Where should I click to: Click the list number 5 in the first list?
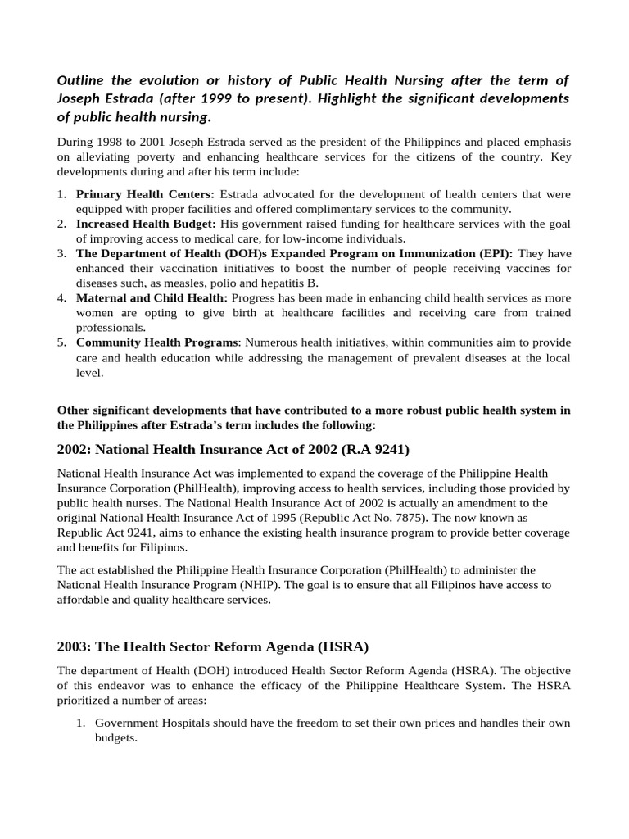pyautogui.click(x=61, y=342)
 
